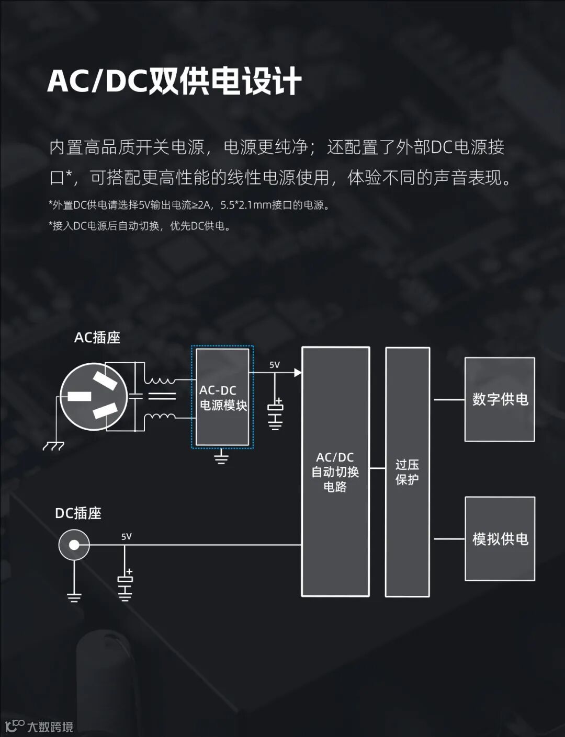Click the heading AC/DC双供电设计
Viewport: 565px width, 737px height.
point(174,81)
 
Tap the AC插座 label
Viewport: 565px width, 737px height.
point(97,338)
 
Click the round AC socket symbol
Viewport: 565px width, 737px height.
point(94,397)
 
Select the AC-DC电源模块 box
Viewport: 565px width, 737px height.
point(222,397)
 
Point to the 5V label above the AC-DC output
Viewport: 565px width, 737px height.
point(275,365)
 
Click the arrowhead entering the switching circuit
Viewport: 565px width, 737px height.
point(298,373)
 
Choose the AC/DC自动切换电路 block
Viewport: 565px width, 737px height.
point(335,471)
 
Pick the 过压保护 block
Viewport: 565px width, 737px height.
point(408,471)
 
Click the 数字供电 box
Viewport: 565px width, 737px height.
point(500,399)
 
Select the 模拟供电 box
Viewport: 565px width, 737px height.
point(500,538)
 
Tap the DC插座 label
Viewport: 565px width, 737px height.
point(78,513)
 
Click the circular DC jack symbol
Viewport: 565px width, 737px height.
point(74,545)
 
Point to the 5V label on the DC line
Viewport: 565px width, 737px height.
point(127,536)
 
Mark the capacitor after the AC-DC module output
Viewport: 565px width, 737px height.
point(275,412)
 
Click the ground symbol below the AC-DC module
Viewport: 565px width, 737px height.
point(222,458)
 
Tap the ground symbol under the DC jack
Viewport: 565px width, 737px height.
point(74,596)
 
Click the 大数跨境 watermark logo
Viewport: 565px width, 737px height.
point(39,726)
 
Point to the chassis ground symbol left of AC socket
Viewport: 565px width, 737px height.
point(53,445)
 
